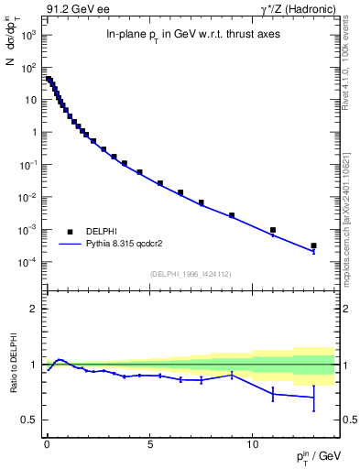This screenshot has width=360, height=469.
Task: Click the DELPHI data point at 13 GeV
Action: [x=313, y=245]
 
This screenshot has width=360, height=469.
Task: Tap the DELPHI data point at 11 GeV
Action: [x=273, y=230]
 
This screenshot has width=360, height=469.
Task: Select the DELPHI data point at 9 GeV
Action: [x=232, y=215]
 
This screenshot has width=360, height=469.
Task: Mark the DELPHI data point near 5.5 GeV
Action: [x=160, y=183]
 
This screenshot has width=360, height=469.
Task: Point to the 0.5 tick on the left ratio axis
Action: [x=29, y=420]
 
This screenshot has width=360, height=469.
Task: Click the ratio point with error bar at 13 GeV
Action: [x=313, y=398]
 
